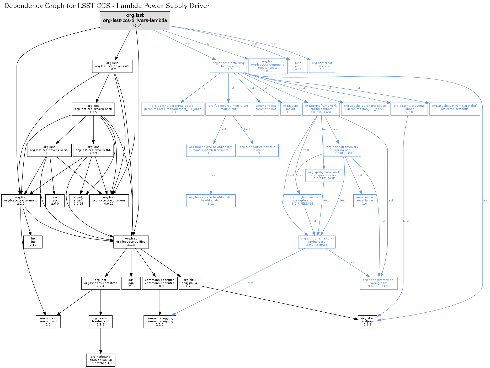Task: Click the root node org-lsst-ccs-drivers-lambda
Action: coord(135,20)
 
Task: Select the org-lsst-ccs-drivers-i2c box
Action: coord(112,66)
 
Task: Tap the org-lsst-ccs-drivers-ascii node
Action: coord(93,109)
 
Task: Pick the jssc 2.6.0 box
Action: coord(55,201)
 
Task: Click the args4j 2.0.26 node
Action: coord(78,201)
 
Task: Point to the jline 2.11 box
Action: coord(33,242)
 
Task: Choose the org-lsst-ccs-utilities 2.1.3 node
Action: coord(131,242)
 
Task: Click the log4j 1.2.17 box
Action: coord(131,283)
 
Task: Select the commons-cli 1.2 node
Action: coord(48,322)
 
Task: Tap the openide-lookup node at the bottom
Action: coord(100,360)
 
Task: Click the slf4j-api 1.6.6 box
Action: coord(367,322)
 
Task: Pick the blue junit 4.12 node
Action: coord(298,66)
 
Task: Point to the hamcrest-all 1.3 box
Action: coord(322,66)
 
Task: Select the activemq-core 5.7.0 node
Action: coord(228,66)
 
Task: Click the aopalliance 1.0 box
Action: coord(364,201)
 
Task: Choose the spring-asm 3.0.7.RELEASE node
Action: coord(379,283)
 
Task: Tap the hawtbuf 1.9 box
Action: coord(258,150)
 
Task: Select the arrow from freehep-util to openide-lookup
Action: coord(100,341)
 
